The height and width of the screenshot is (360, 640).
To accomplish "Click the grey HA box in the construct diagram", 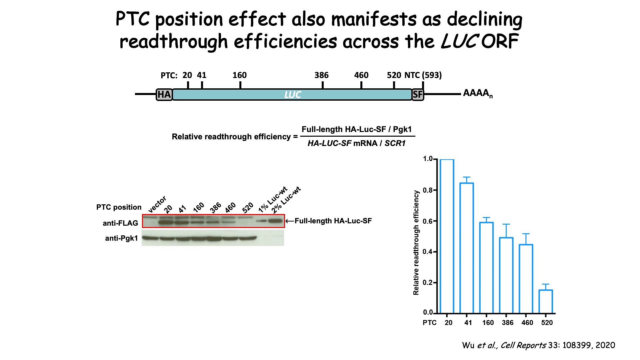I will [164, 95].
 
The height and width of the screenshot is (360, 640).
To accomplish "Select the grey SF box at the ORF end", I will [418, 95].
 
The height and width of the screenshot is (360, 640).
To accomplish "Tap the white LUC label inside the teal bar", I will [292, 95].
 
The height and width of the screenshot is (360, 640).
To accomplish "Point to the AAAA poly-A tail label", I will [477, 93].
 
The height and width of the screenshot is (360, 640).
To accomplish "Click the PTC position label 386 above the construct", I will [321, 75].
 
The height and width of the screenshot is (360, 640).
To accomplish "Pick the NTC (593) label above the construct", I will [423, 75].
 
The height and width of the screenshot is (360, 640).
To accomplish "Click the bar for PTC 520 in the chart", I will [546, 301].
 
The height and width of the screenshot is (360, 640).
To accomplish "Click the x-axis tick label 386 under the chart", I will [507, 323].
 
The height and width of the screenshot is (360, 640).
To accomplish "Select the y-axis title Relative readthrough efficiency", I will [416, 243].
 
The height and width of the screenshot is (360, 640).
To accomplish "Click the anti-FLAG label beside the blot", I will [120, 223].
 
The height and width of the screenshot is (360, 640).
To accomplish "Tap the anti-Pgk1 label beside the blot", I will [121, 238].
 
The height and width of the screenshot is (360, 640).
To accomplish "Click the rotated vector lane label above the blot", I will [157, 204].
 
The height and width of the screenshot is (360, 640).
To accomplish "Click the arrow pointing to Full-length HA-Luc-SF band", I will [289, 221].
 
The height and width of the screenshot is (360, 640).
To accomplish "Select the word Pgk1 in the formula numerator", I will [402, 129].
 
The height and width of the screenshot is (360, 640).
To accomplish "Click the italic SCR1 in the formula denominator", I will [395, 143].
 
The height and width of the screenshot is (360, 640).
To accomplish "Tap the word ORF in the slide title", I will [500, 42].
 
